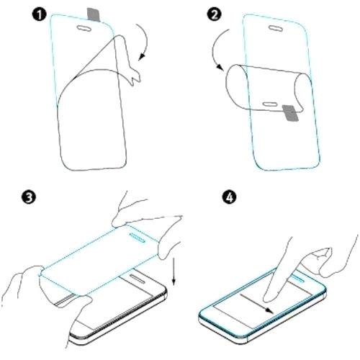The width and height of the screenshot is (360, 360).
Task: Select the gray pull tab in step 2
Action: [289, 112]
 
